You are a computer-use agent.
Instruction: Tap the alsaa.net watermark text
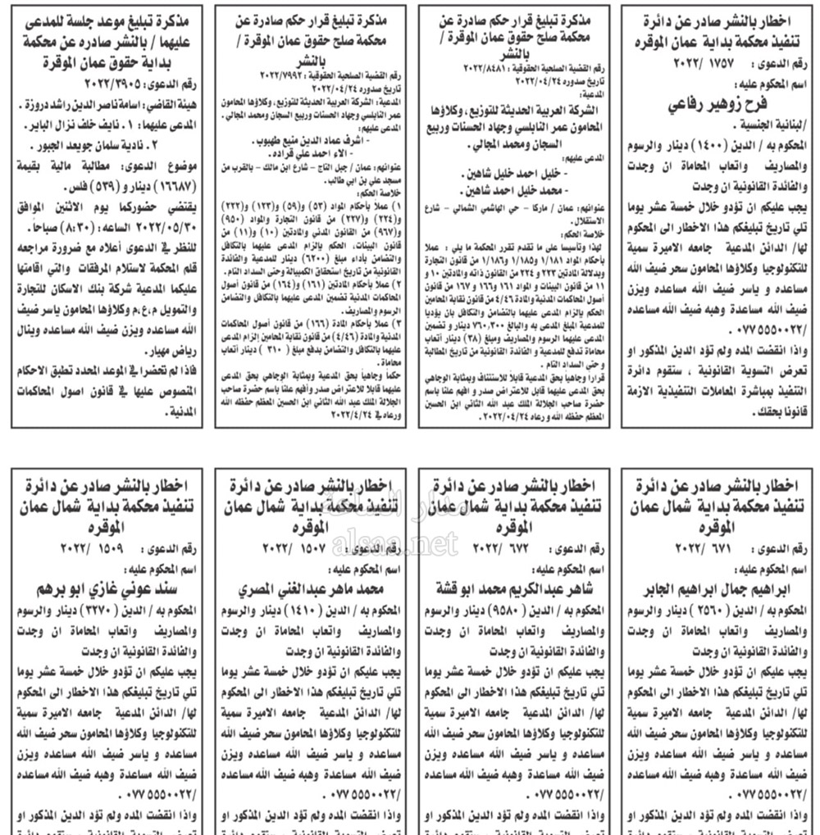pos(408,542)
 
